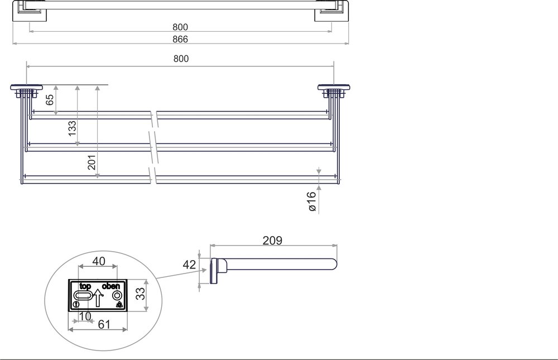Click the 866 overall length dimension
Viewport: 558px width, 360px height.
click(180, 39)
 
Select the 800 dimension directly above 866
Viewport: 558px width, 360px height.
click(180, 27)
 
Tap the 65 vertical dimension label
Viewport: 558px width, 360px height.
click(50, 100)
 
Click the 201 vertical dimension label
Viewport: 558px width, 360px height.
click(92, 162)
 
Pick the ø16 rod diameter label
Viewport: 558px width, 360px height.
click(312, 200)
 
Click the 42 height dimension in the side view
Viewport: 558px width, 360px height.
click(189, 265)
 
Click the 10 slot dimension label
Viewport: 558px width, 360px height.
click(84, 315)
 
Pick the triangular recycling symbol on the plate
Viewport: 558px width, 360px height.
click(119, 305)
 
